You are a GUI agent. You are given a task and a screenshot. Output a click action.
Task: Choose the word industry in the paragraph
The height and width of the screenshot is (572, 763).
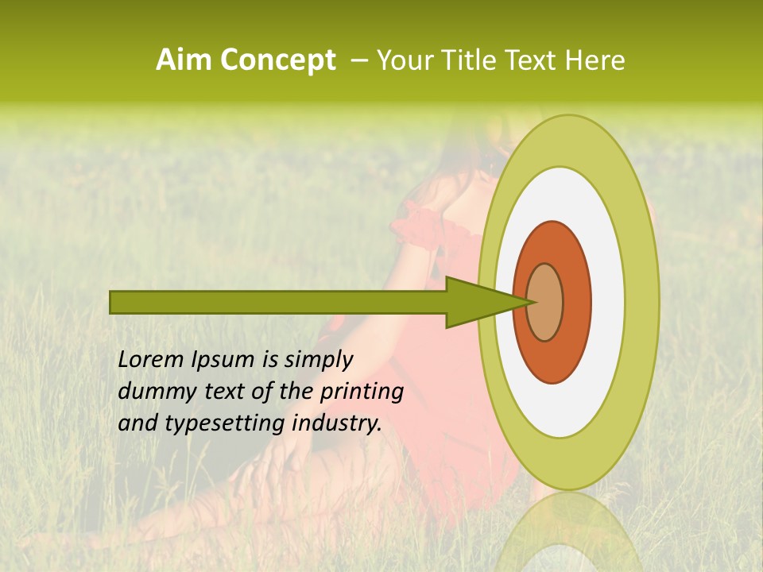(x=336, y=423)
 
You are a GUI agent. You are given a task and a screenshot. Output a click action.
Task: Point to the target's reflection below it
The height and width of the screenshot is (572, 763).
(x=568, y=532)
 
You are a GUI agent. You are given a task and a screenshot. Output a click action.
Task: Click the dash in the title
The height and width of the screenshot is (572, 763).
(x=358, y=60)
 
